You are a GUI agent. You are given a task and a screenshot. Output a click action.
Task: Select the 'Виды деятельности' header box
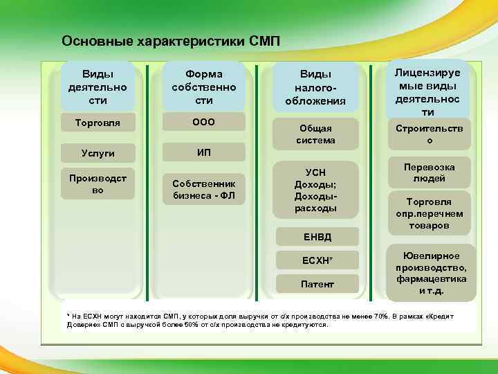pos(98,87)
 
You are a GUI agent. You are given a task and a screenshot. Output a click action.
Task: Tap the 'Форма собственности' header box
pos(203,87)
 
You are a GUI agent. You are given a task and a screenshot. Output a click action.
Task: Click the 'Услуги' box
pos(98,152)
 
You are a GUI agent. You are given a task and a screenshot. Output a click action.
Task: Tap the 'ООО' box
pos(203,122)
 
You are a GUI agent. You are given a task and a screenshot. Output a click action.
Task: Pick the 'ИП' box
pos(203,152)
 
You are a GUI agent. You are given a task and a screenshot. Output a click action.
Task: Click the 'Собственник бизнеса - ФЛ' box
pos(203,189)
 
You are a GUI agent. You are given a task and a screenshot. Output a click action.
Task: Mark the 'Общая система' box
pos(316,134)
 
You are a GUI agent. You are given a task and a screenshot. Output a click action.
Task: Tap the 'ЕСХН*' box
pos(317,260)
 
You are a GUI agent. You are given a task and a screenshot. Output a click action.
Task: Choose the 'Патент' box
pos(317,284)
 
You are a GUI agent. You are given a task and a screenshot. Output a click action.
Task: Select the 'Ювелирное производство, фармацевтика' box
pos(431,273)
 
